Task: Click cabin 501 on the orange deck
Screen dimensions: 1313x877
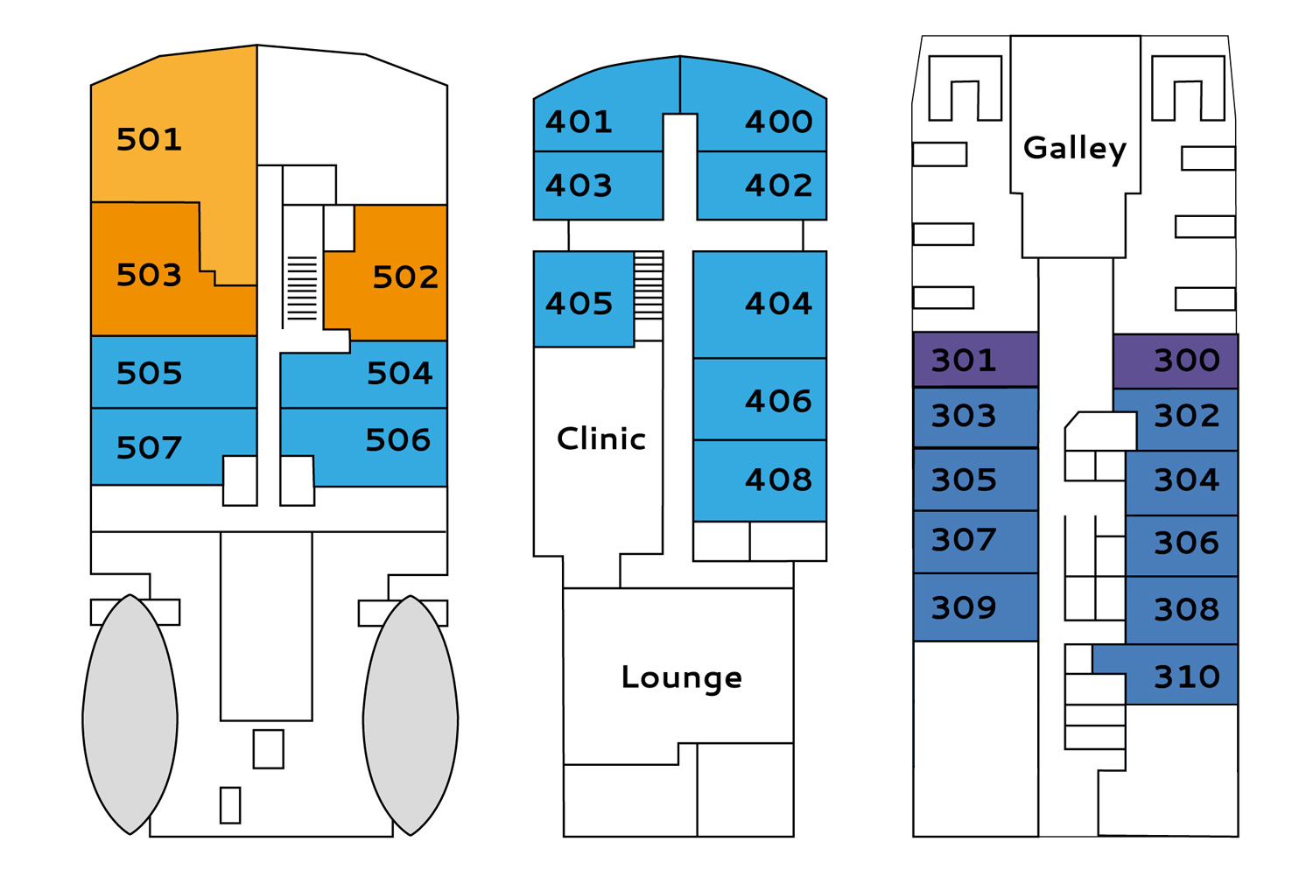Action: [150, 139]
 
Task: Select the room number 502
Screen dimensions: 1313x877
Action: [405, 277]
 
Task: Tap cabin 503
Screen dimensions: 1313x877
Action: [149, 275]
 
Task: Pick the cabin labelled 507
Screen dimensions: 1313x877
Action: [149, 448]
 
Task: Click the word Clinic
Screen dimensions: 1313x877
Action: [601, 438]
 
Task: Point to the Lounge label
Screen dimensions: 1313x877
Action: [682, 677]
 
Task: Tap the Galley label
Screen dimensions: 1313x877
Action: [1075, 148]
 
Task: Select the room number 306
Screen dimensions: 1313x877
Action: [1187, 543]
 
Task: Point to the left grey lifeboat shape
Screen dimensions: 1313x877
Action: [130, 714]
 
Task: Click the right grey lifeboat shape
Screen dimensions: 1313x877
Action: [411, 715]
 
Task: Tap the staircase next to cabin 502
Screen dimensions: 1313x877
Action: [302, 288]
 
